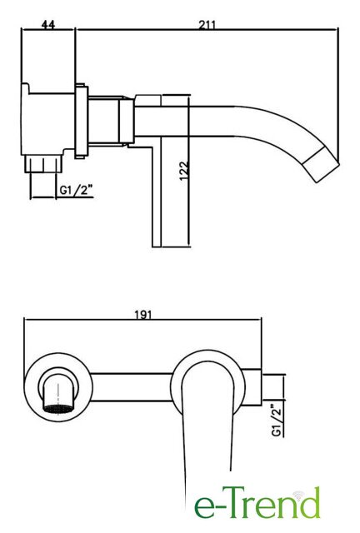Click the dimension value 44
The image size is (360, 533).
(x=48, y=24)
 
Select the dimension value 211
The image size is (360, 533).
(x=207, y=25)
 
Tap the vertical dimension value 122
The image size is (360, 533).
(x=183, y=171)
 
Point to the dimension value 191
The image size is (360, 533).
(x=142, y=315)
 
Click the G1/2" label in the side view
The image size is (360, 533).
(x=76, y=190)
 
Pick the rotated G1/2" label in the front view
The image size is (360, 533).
(x=277, y=420)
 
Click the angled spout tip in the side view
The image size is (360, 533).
(x=322, y=167)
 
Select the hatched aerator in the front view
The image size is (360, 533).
(x=57, y=408)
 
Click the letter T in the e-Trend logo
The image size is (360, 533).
(x=232, y=503)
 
